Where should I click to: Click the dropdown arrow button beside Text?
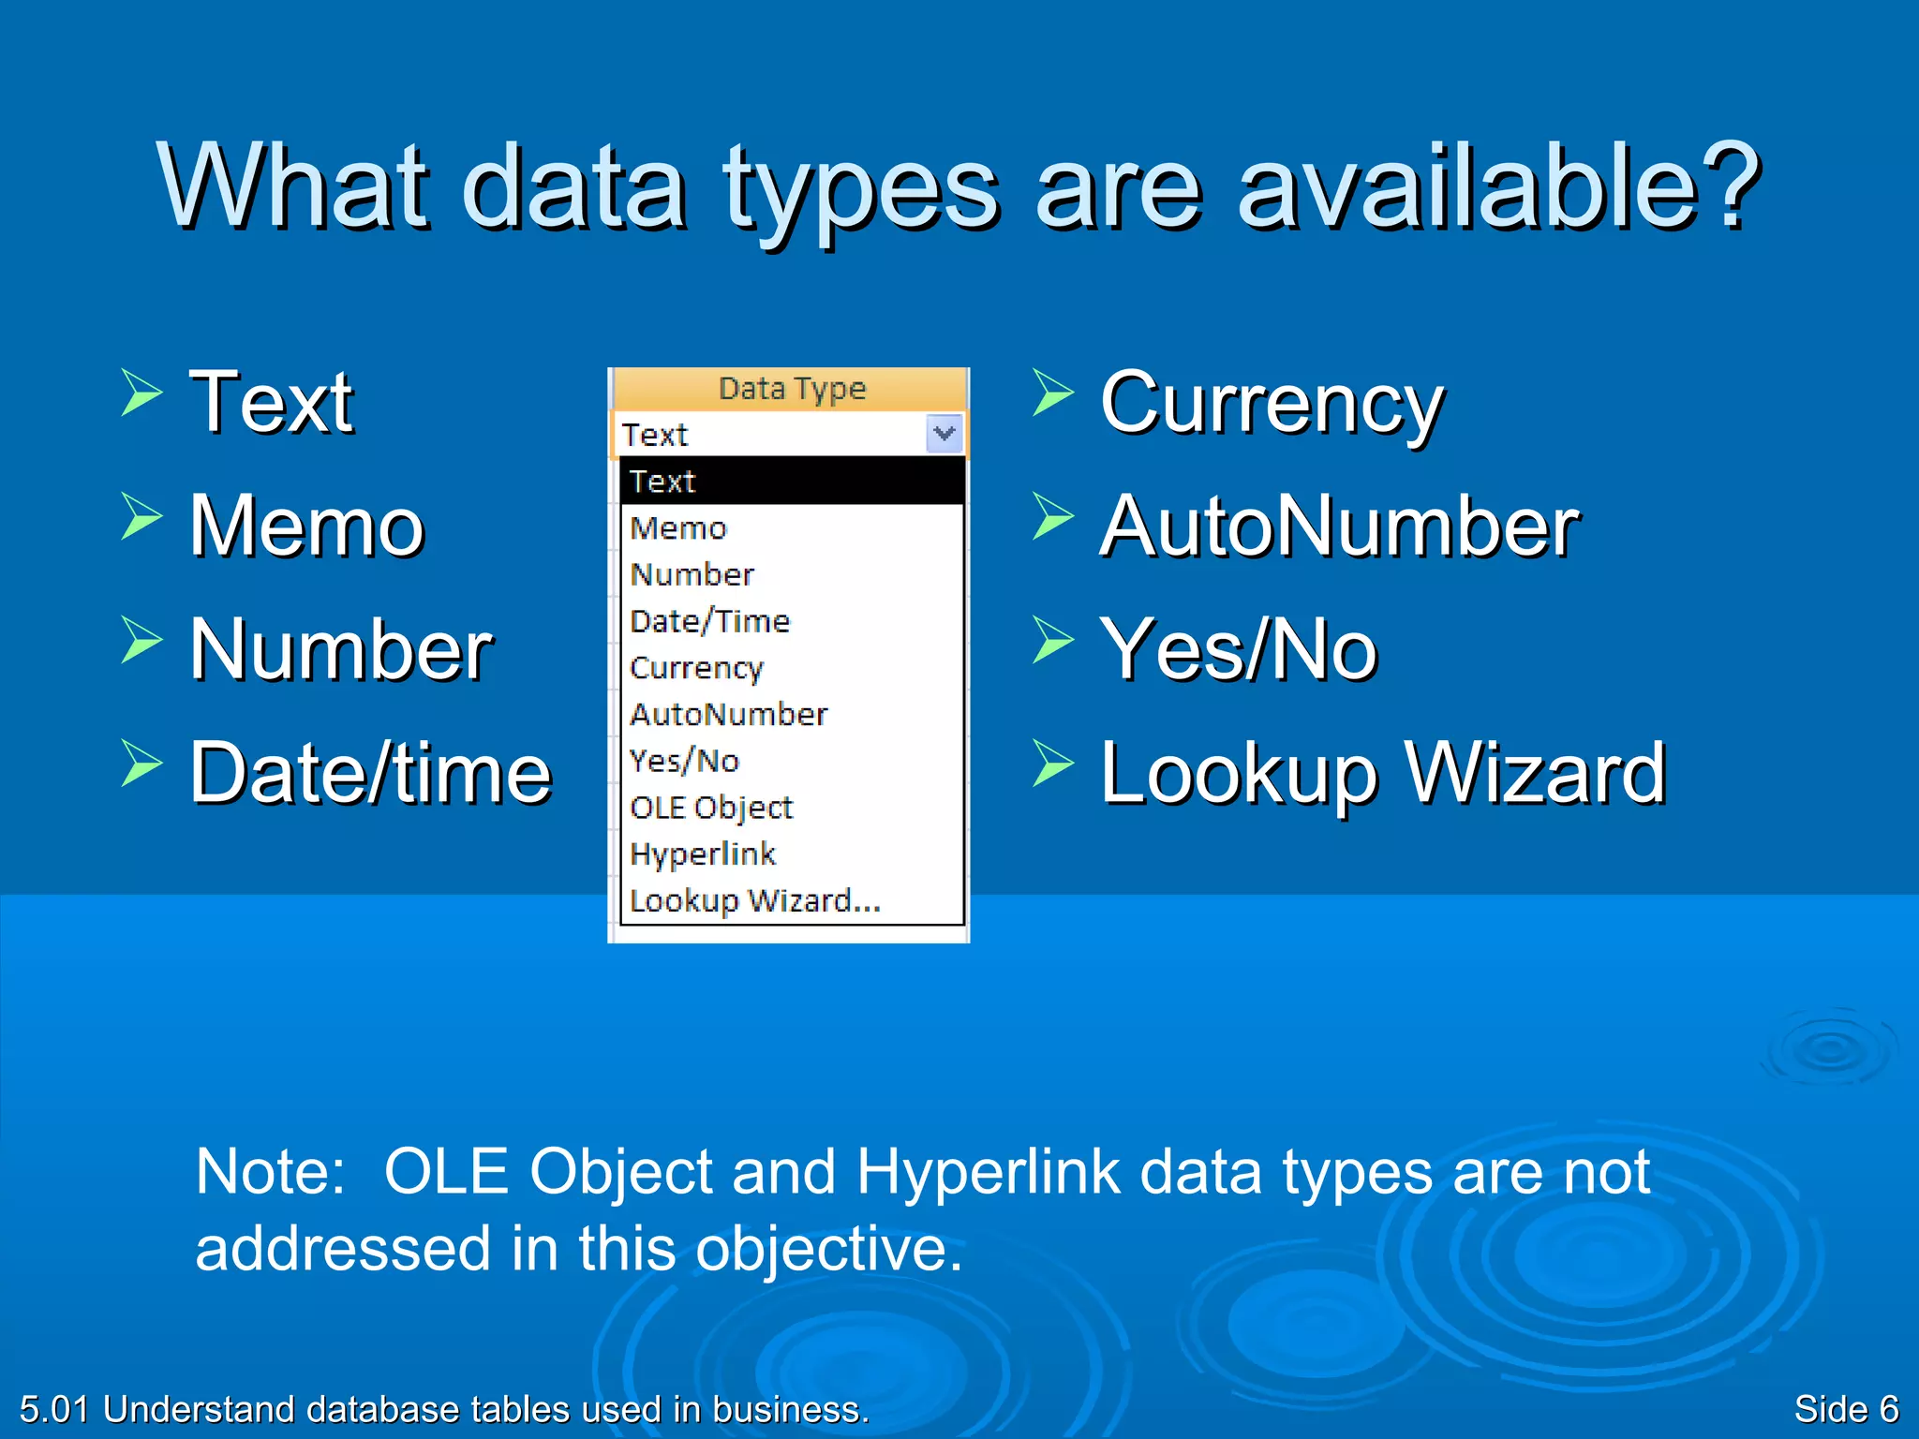[x=944, y=434]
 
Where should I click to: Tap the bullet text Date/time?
[x=371, y=774]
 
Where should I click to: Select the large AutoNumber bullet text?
[x=1340, y=527]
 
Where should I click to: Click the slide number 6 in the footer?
[x=1888, y=1409]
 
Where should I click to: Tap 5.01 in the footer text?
[x=53, y=1409]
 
